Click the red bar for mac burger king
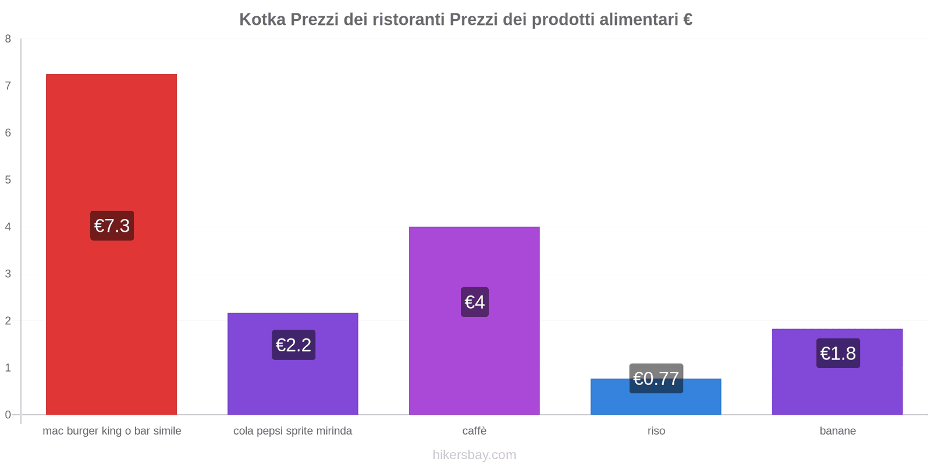(x=111, y=146)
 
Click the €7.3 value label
(x=112, y=225)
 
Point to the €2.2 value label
(x=293, y=345)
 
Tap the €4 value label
(x=474, y=302)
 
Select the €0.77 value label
(x=656, y=378)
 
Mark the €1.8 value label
(x=838, y=353)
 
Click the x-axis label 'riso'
(x=656, y=431)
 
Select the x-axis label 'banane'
(x=837, y=431)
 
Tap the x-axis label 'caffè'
(x=474, y=431)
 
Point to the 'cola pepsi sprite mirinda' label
(x=293, y=431)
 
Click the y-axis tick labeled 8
(x=8, y=39)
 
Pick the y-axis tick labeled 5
(x=8, y=180)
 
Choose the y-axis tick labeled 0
(x=8, y=415)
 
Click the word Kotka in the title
(x=262, y=20)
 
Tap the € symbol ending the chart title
(x=687, y=20)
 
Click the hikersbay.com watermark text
(x=474, y=455)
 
